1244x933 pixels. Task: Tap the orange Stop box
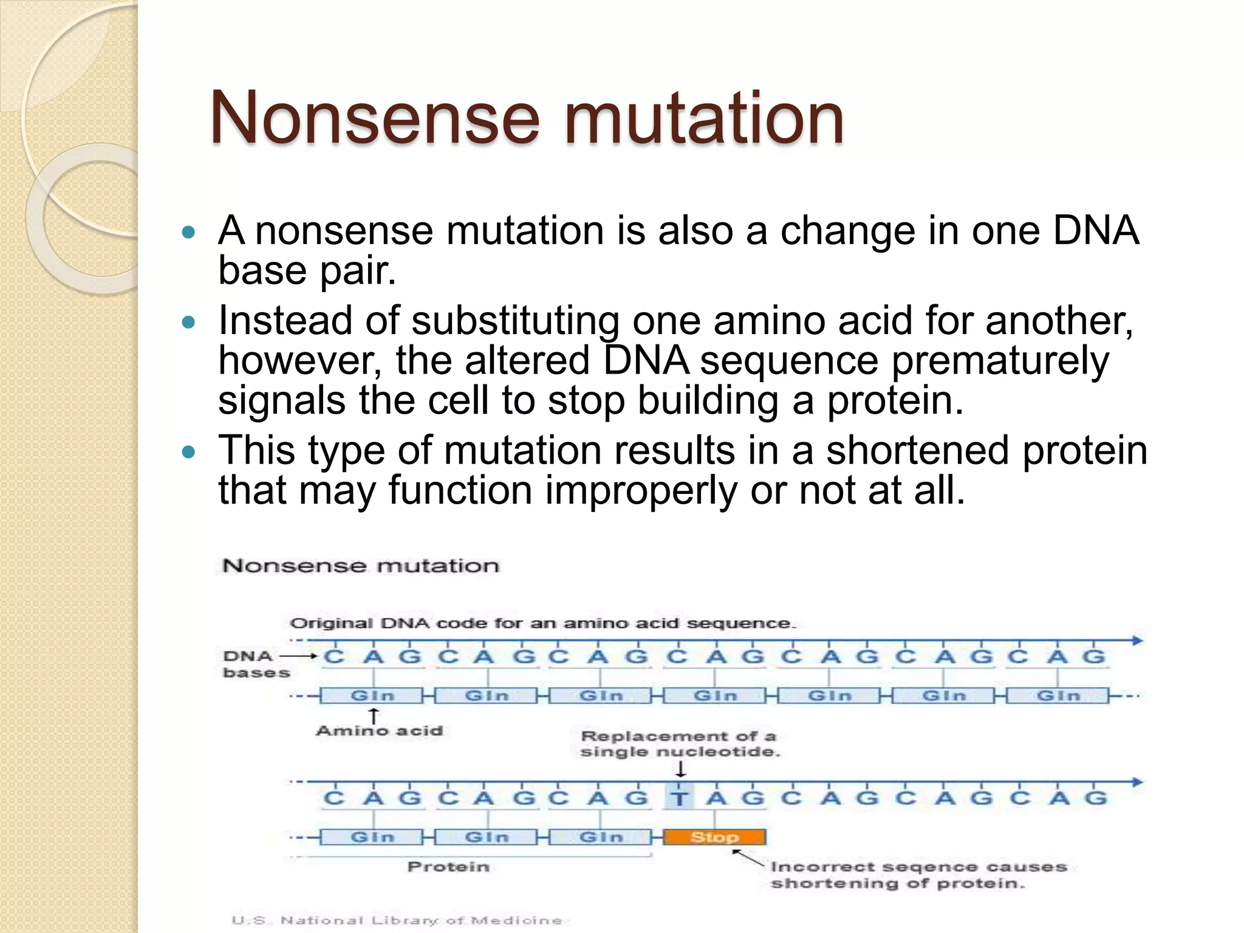(x=714, y=837)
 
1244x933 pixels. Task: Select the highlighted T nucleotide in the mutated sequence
(x=680, y=798)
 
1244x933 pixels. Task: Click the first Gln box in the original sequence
(x=372, y=695)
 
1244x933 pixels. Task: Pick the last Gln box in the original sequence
(x=1058, y=695)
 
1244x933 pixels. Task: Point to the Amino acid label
(x=379, y=731)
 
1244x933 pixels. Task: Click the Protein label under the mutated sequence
(x=448, y=867)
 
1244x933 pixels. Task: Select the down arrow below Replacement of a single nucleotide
(x=681, y=770)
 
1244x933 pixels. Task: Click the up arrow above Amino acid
(x=374, y=716)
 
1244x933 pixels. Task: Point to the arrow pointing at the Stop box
(x=747, y=858)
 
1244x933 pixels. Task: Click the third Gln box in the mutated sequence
(x=601, y=837)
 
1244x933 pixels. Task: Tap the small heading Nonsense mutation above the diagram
(x=361, y=566)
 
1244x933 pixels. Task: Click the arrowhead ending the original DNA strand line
(x=1137, y=640)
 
